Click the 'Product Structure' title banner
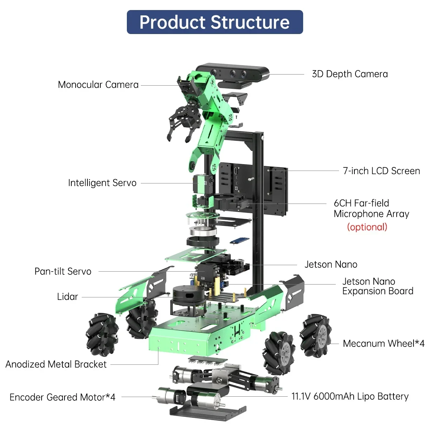tap(215, 22)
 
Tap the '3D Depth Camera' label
tap(350, 74)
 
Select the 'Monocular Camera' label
tap(98, 85)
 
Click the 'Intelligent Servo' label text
tap(102, 183)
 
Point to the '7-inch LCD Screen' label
tap(381, 171)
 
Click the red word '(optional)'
tap(367, 227)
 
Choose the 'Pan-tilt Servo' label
tap(63, 272)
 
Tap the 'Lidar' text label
tap(67, 297)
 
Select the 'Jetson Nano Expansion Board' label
tap(378, 286)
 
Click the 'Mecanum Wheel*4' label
tap(383, 344)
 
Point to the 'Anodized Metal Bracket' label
tap(56, 364)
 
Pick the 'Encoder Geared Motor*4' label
tap(62, 397)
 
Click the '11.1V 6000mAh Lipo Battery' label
tap(350, 397)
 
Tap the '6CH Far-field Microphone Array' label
tap(371, 209)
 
